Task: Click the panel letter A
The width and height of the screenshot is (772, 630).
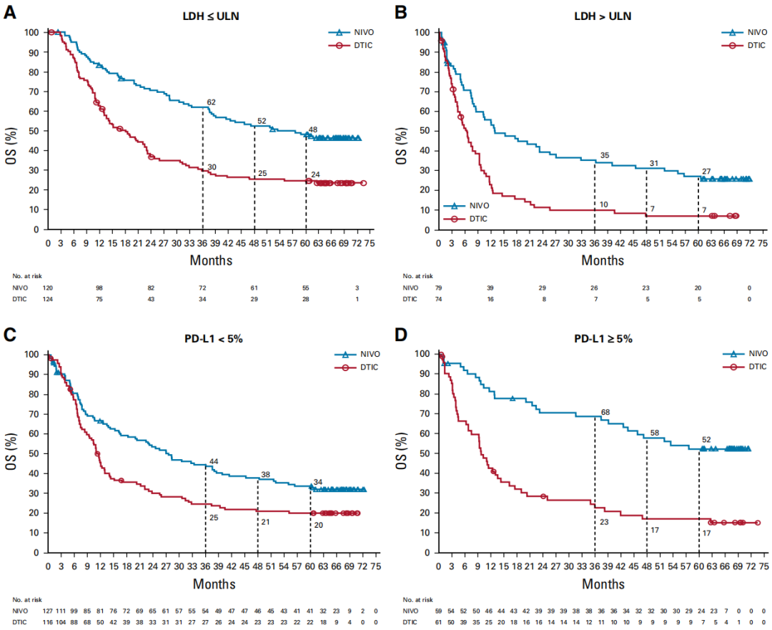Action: [x=10, y=12]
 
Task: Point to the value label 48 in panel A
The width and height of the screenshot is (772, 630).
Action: [x=312, y=130]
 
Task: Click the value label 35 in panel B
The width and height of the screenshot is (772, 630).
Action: [x=604, y=155]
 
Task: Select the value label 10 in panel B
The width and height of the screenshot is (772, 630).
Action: [x=604, y=205]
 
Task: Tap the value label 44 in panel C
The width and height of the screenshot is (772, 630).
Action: [x=212, y=461]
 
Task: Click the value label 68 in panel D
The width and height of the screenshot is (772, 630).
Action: [x=605, y=412]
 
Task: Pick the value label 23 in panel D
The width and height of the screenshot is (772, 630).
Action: [x=604, y=522]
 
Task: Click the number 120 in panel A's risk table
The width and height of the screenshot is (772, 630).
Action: [x=49, y=287]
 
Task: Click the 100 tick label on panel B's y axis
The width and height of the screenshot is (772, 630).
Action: [x=423, y=33]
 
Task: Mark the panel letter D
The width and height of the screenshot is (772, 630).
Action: [x=400, y=335]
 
